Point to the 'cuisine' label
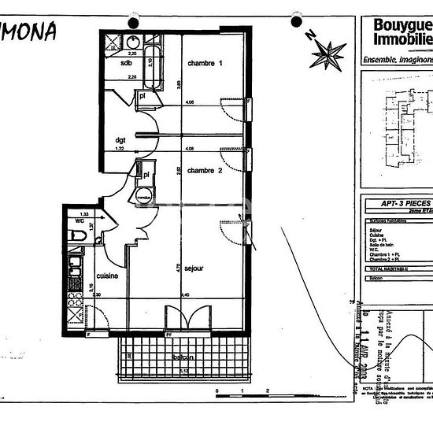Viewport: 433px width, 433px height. click(107, 276)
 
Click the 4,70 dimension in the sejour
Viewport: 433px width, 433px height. click(179, 267)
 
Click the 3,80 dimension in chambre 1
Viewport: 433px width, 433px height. click(179, 83)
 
